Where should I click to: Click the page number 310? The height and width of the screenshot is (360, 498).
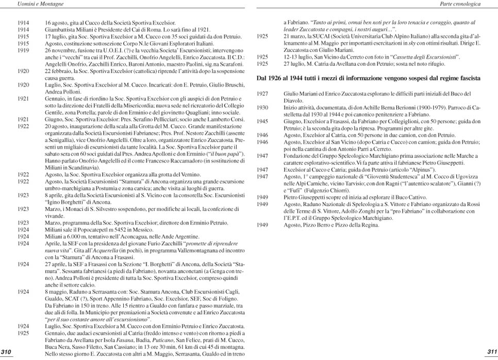point(7,352)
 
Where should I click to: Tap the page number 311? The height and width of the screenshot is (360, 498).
point(491,352)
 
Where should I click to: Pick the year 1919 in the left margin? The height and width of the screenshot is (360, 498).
point(23,51)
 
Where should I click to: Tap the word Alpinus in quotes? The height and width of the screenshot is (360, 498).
point(381,169)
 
